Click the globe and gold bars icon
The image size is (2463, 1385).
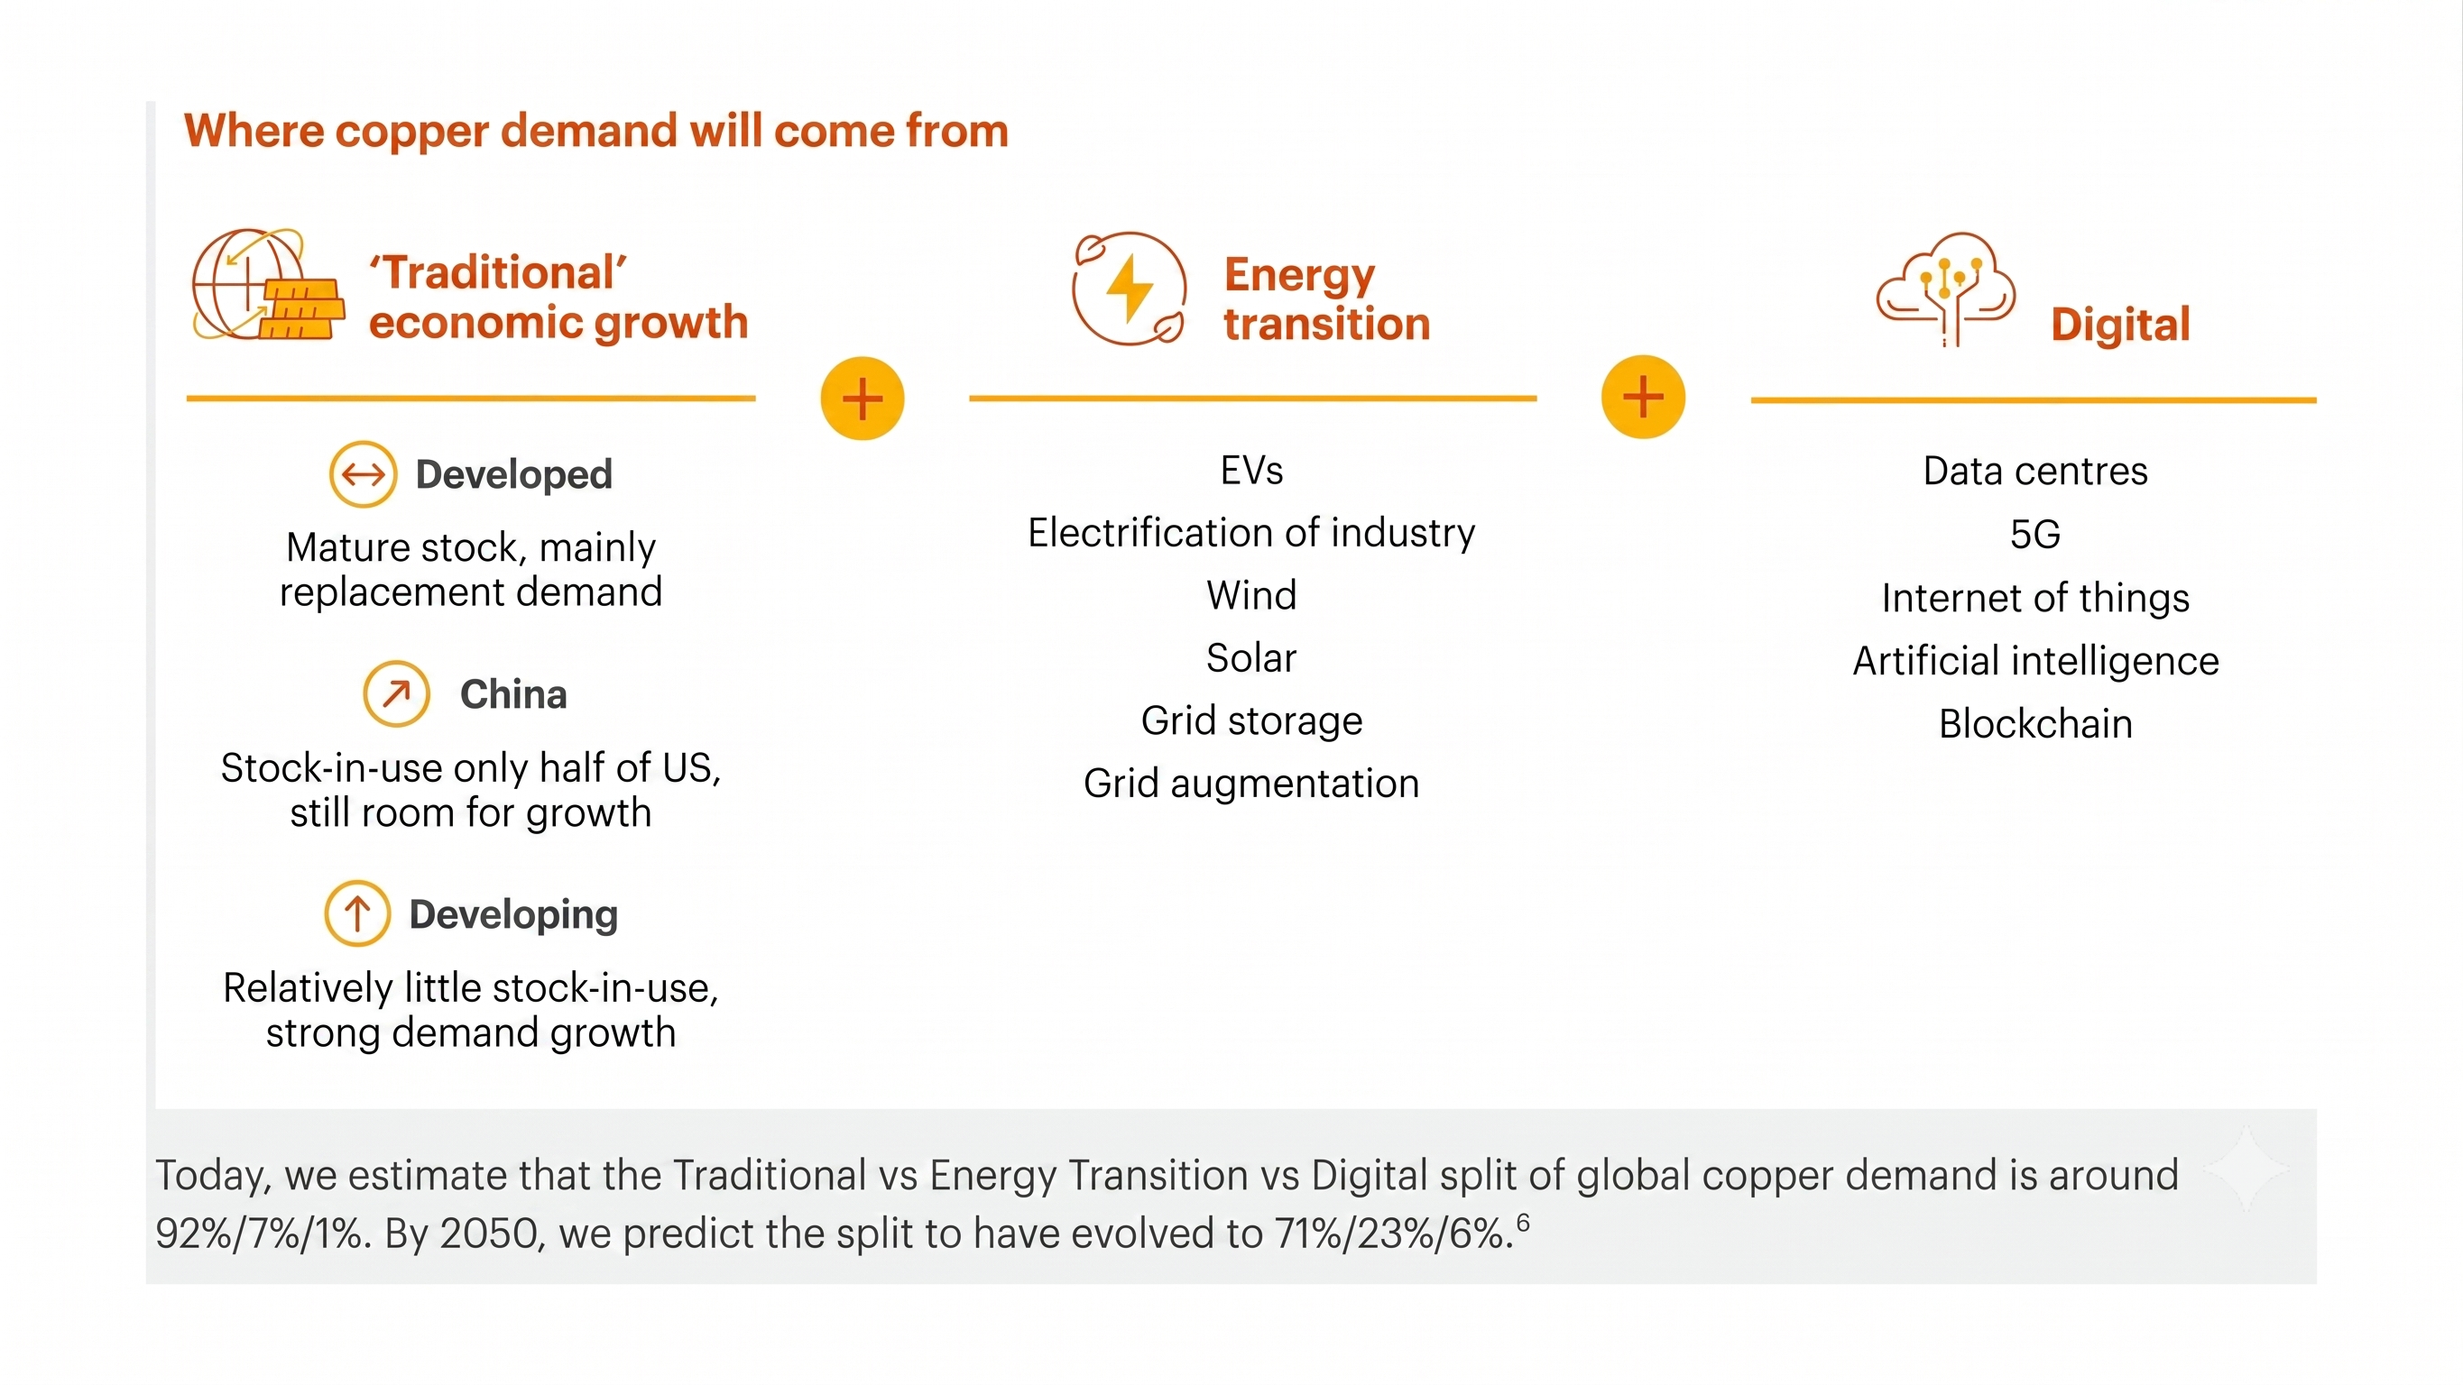point(268,284)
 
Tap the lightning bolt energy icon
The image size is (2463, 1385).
point(1130,288)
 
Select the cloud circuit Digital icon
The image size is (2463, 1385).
point(1946,289)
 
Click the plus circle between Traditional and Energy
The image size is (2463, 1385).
point(863,399)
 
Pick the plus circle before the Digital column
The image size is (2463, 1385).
point(1644,397)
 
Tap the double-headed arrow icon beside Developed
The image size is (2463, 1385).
point(364,474)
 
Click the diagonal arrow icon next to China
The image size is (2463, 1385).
point(397,693)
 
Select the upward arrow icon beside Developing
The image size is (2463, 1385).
point(357,913)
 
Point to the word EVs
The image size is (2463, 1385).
point(1252,471)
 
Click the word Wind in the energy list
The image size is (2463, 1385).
point(1251,594)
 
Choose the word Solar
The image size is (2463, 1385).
point(1251,657)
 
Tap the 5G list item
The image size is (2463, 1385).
point(2035,535)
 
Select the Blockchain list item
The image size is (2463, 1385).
point(2035,723)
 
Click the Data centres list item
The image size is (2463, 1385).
point(2035,472)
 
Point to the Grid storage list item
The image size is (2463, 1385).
point(1251,720)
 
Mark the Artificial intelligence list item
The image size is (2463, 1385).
point(2035,660)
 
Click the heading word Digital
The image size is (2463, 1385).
point(2121,325)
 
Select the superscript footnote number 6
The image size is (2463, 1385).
point(1523,1223)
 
